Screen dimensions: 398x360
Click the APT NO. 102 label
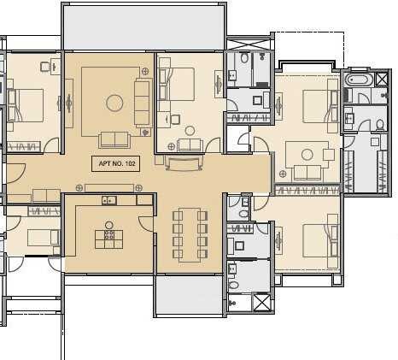coord(115,163)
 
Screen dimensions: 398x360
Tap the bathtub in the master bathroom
coord(360,79)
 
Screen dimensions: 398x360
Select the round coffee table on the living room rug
coord(114,103)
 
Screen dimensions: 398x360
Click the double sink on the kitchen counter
coord(109,200)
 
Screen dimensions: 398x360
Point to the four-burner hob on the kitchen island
coord(109,235)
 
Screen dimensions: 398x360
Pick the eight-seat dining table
coord(190,235)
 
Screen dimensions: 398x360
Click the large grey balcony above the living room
coord(144,27)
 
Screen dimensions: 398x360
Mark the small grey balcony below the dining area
coord(190,295)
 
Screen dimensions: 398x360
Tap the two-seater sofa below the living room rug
coord(114,140)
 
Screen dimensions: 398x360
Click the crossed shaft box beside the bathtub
coord(382,79)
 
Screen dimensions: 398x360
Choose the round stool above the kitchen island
coord(109,225)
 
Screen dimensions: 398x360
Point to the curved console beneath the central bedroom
coord(184,163)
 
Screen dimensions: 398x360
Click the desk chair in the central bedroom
coord(175,119)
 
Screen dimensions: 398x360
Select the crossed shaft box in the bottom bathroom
coord(261,303)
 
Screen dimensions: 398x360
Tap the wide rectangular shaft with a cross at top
coord(249,44)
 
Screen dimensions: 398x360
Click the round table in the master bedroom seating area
coord(307,155)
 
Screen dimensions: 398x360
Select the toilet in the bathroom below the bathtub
coord(380,125)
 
